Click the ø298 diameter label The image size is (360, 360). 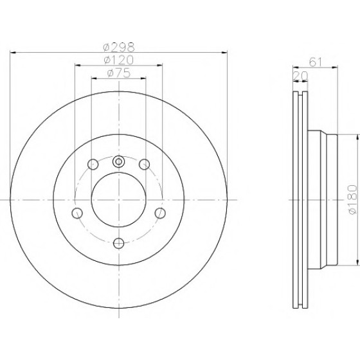119,48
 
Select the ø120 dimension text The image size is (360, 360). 119,60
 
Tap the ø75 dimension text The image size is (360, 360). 119,73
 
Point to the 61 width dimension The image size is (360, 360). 316,62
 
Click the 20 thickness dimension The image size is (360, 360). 300,76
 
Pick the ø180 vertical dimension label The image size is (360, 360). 353,200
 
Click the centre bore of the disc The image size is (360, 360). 119,200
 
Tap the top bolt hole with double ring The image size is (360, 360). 119,161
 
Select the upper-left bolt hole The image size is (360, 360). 93,165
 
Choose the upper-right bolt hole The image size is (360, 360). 145,165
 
